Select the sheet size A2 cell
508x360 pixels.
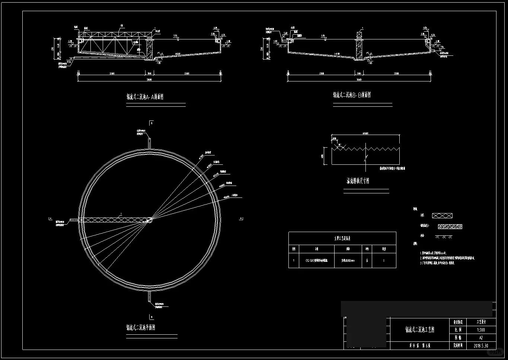(481, 338)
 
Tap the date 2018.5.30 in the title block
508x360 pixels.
(481, 345)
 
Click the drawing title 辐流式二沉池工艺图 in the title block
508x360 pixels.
(419, 330)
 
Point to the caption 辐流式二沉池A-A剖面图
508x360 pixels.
(145, 97)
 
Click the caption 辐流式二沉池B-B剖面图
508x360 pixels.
(352, 95)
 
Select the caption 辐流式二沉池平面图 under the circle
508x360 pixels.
(141, 328)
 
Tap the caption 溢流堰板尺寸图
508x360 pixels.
(358, 181)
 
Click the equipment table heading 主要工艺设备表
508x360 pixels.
(342, 238)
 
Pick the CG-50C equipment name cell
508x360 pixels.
(317, 261)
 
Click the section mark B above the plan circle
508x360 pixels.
(151, 122)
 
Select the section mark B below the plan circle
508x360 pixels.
(151, 317)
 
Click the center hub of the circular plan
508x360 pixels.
(149, 220)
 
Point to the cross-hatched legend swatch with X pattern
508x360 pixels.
(442, 216)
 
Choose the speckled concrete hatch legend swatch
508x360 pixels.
(450, 226)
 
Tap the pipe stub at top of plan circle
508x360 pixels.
(149, 142)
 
